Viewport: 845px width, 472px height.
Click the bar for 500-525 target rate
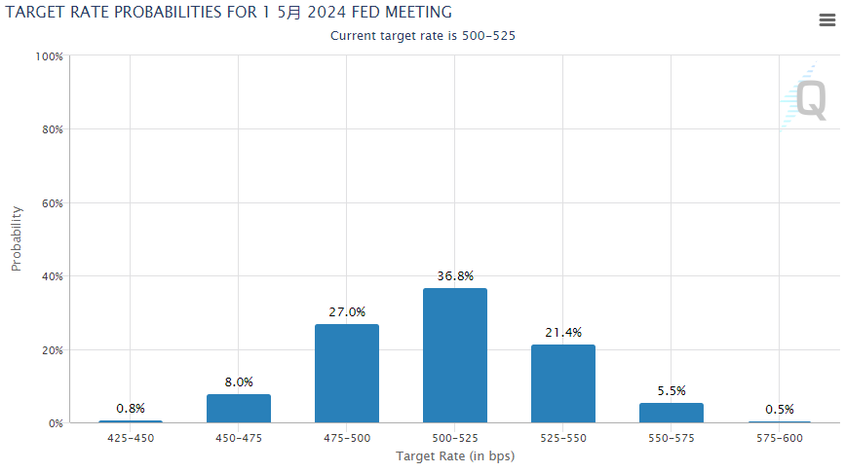coord(455,355)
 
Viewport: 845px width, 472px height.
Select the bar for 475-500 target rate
coord(347,374)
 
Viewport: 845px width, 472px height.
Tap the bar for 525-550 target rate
coord(563,383)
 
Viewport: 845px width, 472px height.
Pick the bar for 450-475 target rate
coord(239,409)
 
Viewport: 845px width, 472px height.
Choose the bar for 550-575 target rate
coord(672,413)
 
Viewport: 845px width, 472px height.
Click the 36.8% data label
coord(455,276)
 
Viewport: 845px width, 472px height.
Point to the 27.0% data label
coord(347,312)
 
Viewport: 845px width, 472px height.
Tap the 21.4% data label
coord(563,333)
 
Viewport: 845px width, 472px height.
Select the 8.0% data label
coord(239,382)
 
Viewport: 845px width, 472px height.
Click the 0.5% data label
coord(780,409)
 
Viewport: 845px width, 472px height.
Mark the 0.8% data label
coord(131,408)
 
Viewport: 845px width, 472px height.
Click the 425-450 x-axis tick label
coord(131,438)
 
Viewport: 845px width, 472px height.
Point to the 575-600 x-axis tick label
coord(780,438)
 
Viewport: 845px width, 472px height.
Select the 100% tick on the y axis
coord(49,56)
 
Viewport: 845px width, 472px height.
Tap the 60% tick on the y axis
coord(52,203)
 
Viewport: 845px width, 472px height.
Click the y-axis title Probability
coord(17,239)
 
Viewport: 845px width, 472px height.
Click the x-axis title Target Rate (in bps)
coord(455,455)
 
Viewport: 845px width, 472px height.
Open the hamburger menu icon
coord(826,20)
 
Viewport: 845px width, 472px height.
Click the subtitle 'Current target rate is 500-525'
coord(423,36)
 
